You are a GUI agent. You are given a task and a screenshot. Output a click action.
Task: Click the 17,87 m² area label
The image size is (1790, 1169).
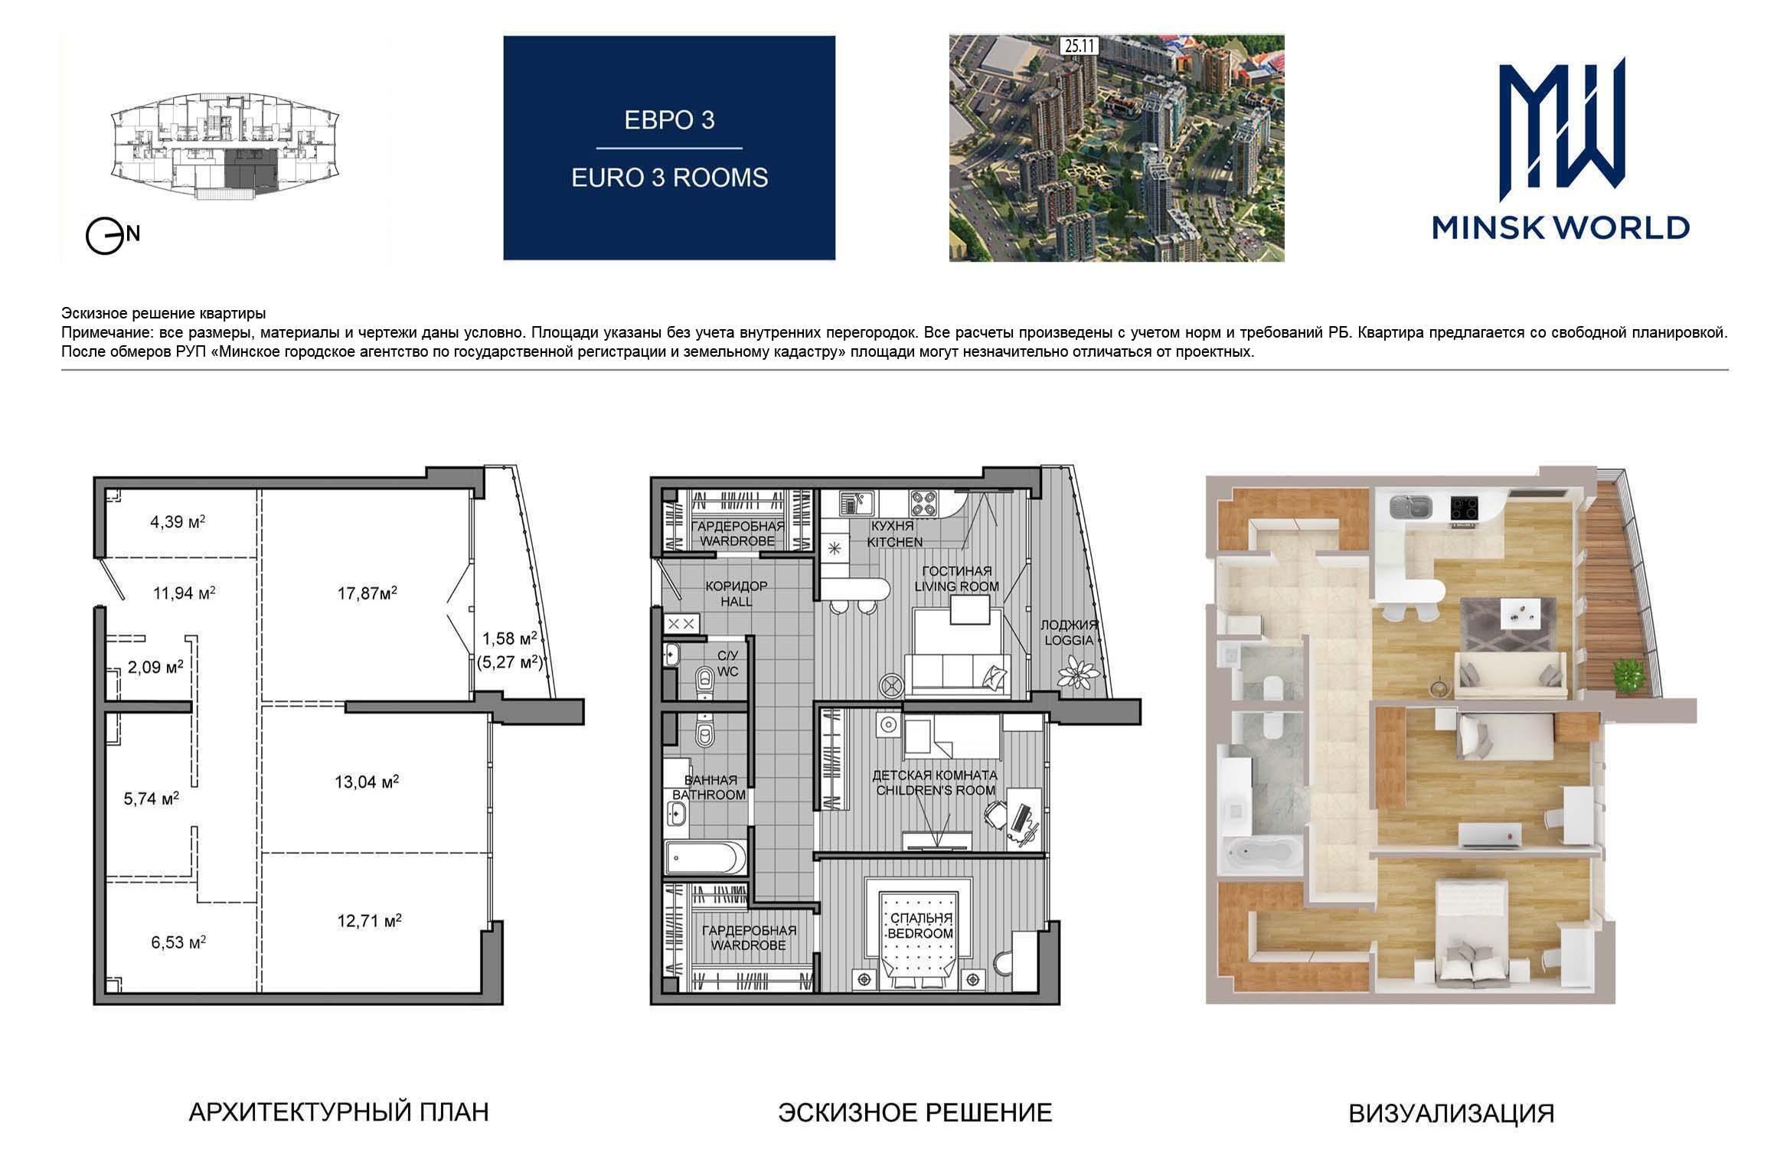367,593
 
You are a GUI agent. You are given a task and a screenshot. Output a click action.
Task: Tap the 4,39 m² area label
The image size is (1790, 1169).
178,522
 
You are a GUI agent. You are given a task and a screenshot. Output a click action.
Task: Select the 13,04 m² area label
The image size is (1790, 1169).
367,782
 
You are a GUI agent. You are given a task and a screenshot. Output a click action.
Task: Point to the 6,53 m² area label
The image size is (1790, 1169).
178,942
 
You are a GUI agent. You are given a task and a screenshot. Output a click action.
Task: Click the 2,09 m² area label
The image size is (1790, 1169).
155,667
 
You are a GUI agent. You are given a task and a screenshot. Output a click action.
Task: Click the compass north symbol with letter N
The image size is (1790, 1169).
112,237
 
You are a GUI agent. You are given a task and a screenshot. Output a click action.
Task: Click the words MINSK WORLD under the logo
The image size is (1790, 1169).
1561,227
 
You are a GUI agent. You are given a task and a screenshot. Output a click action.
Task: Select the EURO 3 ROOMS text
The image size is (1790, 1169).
669,178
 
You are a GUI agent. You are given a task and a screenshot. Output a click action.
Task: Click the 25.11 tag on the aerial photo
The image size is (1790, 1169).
1078,46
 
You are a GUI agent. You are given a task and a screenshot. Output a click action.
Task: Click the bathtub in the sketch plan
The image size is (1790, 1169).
705,857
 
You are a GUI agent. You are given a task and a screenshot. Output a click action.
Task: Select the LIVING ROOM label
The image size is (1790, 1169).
956,586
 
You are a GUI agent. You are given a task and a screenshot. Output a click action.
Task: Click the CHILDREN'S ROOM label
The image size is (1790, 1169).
935,790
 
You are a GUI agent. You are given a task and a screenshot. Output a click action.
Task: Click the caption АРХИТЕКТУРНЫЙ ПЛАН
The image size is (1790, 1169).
338,1112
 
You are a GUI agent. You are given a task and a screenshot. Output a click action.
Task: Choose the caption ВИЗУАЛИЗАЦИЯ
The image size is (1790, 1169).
1451,1113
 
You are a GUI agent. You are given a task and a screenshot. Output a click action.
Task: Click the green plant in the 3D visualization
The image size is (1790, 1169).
1628,674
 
